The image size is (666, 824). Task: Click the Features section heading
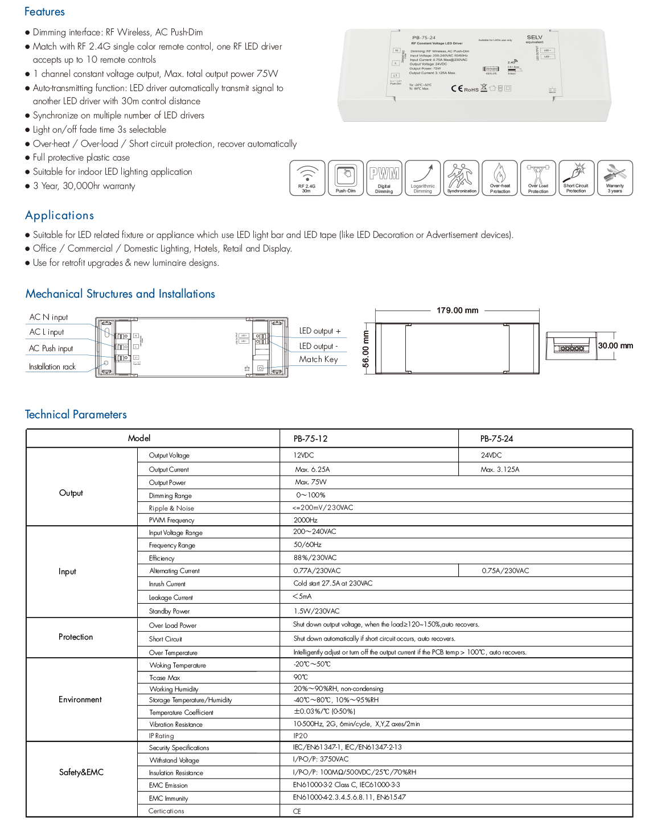(x=44, y=12)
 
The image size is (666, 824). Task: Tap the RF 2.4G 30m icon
(x=307, y=178)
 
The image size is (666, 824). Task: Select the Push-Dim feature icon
(x=346, y=178)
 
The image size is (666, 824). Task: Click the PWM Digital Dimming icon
(x=384, y=178)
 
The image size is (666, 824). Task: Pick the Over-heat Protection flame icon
(x=500, y=178)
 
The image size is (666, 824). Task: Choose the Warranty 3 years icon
(x=615, y=178)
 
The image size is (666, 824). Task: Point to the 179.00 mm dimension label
(x=457, y=311)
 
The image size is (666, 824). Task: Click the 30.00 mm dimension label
(x=615, y=346)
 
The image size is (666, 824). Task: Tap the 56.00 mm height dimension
(x=366, y=349)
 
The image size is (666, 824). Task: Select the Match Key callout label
(x=318, y=360)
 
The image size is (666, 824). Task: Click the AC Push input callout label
(x=51, y=348)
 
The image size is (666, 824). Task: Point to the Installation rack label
(x=52, y=367)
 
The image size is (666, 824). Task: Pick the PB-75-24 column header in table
(x=496, y=439)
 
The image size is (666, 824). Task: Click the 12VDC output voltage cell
(x=303, y=456)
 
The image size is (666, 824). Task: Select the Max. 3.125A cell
(x=500, y=470)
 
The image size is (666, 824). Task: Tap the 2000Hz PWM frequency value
(x=305, y=520)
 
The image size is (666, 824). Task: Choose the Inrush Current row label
(x=167, y=584)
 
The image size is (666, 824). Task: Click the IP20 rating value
(x=301, y=736)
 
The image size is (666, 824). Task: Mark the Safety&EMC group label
(x=81, y=772)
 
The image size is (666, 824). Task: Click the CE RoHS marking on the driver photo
(x=464, y=89)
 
